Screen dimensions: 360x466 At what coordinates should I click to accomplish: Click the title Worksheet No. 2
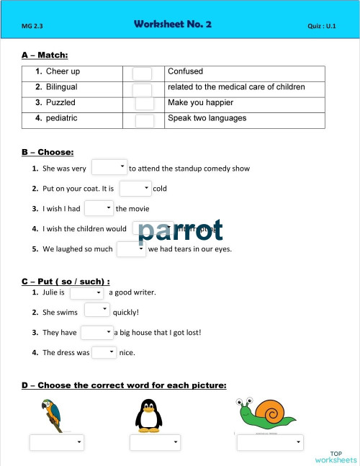click(x=173, y=24)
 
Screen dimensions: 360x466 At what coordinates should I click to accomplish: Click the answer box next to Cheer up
click(x=143, y=73)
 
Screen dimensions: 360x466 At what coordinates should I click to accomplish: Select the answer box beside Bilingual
click(x=143, y=89)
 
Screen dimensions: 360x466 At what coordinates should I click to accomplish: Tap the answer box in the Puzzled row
click(x=145, y=104)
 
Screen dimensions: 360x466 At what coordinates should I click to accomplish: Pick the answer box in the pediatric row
click(x=145, y=120)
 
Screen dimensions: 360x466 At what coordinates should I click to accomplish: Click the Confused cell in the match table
click(x=186, y=71)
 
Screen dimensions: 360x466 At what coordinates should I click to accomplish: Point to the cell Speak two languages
click(x=207, y=118)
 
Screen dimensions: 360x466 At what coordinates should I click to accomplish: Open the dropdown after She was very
click(x=109, y=167)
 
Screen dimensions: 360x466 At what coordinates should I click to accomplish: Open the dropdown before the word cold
click(x=135, y=188)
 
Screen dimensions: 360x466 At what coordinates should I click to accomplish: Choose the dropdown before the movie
click(x=99, y=208)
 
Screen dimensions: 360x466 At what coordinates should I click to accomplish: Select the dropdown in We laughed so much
click(x=131, y=249)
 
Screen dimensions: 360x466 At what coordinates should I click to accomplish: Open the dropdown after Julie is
click(x=86, y=292)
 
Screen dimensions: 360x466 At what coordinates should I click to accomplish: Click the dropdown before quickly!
click(x=96, y=310)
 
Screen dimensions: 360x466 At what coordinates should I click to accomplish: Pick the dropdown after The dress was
click(x=104, y=352)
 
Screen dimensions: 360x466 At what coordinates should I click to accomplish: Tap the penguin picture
click(x=148, y=415)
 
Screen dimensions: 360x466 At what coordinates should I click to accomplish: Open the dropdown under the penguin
click(x=156, y=442)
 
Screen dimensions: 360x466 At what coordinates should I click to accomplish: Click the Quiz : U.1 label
click(x=322, y=27)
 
